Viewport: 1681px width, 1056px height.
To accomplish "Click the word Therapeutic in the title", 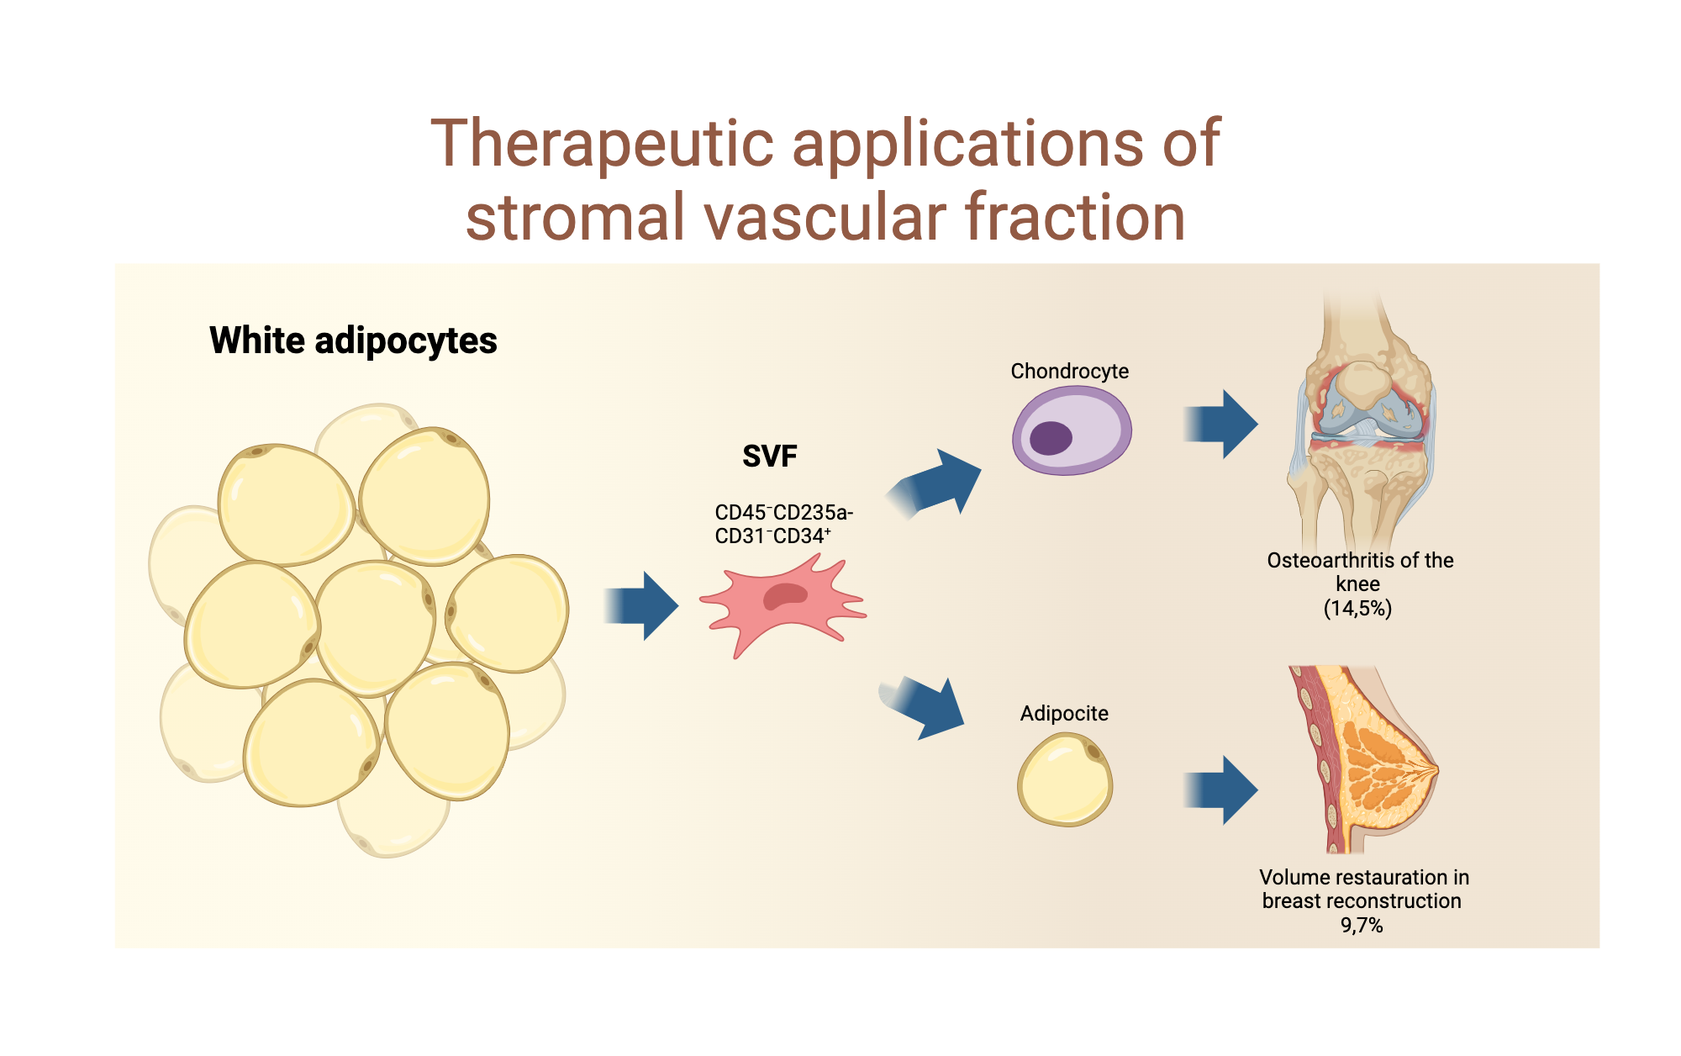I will (x=602, y=144).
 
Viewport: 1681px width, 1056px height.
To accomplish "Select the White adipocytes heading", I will (x=353, y=341).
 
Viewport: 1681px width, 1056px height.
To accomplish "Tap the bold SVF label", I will (x=769, y=456).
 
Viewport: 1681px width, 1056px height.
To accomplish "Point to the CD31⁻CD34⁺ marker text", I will (x=772, y=536).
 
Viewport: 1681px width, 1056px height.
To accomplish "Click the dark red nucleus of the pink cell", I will (x=785, y=596).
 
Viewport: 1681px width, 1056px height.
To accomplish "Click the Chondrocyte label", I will (x=1069, y=371).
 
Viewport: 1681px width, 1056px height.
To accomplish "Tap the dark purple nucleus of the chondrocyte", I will (x=1051, y=438).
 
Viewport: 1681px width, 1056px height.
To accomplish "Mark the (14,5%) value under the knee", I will (x=1357, y=608).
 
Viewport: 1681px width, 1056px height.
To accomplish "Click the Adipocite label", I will (x=1064, y=713).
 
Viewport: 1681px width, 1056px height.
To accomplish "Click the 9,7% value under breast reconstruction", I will (x=1361, y=925).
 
